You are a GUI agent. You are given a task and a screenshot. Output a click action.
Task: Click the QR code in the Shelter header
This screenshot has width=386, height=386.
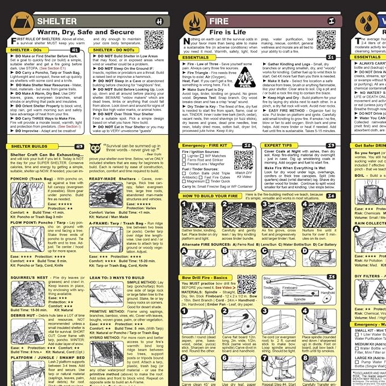coord(153,39)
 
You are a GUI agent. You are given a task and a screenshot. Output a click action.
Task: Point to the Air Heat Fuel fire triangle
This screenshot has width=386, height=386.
coord(245,77)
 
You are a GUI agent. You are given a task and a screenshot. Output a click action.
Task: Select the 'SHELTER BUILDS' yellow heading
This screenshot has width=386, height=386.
coord(26,147)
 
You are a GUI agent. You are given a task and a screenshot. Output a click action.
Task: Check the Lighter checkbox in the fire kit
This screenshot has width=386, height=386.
coord(185,156)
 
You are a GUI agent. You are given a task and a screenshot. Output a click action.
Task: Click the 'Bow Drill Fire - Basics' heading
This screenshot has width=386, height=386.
coord(204,277)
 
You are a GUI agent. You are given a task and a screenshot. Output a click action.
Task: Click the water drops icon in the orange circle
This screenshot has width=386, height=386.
coord(370,21)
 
